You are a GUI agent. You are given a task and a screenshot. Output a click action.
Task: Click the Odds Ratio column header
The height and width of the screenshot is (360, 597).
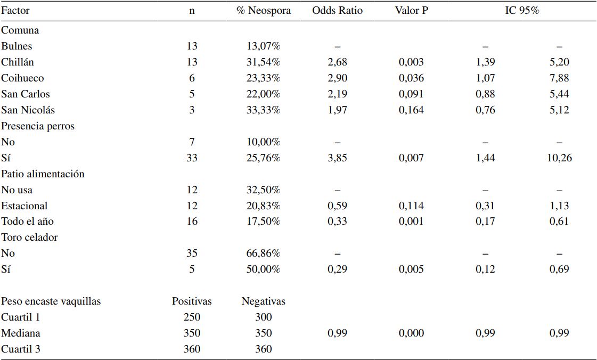click(337, 10)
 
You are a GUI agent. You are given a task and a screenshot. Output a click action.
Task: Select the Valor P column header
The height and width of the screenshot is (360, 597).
click(411, 10)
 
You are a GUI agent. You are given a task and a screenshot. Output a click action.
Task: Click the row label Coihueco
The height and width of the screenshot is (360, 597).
click(22, 78)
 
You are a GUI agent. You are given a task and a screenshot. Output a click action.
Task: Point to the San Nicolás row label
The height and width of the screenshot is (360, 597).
click(28, 110)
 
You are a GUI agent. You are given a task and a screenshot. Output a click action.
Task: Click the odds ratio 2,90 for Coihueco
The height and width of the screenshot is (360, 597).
click(337, 78)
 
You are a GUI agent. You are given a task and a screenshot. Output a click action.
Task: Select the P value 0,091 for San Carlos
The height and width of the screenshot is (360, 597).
click(411, 94)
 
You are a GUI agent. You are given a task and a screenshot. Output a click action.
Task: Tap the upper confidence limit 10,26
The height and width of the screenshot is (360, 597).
click(559, 158)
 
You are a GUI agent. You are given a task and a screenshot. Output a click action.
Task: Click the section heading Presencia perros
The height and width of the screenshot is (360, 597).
click(38, 126)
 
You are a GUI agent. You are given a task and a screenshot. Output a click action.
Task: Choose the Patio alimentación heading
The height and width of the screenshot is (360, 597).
click(43, 174)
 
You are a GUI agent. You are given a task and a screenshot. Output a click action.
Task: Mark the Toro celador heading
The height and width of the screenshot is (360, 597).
click(29, 237)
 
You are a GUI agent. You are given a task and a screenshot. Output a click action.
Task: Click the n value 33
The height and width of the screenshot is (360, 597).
click(192, 158)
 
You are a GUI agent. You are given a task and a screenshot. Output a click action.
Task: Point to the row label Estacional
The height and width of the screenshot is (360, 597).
click(24, 206)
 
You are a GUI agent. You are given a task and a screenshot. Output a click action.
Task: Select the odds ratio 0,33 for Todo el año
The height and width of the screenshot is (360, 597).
click(337, 222)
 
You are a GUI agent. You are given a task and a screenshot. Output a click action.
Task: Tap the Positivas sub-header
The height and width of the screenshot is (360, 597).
click(192, 301)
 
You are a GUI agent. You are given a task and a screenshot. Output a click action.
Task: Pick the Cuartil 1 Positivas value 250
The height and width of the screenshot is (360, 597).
click(192, 317)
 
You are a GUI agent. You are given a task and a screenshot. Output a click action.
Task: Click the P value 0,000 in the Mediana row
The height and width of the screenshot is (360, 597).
click(411, 333)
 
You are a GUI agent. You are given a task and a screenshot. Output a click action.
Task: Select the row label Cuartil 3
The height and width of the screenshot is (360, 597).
click(21, 349)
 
